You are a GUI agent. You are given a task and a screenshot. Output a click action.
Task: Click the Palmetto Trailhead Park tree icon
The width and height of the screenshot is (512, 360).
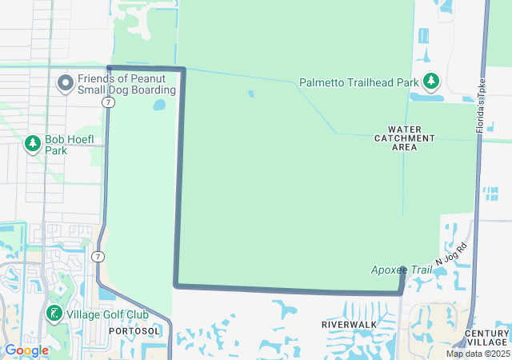coord(432,81)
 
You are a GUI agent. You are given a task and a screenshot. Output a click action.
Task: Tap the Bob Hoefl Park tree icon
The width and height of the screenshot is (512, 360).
coord(33,144)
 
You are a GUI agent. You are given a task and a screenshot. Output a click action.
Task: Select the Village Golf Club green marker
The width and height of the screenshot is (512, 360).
coord(54,314)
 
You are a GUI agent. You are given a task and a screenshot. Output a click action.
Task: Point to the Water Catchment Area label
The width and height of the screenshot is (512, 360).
coord(405,138)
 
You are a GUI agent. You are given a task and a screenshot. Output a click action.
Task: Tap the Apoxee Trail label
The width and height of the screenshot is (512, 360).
coord(401,270)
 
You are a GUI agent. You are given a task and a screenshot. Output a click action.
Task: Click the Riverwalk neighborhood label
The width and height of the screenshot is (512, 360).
coord(349,324)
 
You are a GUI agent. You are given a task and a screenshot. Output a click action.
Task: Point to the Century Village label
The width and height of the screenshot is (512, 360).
coord(486,338)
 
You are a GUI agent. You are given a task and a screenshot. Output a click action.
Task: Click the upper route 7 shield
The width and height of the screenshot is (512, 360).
coord(107,102)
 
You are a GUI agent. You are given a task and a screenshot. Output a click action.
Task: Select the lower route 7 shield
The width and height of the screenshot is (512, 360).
coord(97,256)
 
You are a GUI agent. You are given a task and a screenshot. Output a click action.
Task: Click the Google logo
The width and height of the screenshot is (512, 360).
coord(26,350)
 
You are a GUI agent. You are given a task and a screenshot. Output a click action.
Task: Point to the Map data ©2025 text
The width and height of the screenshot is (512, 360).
coord(478,354)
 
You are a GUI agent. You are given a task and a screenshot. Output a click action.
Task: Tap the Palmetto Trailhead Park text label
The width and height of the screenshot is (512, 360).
coord(358,82)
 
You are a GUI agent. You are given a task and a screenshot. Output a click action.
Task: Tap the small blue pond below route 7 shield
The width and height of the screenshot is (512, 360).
coord(159,105)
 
